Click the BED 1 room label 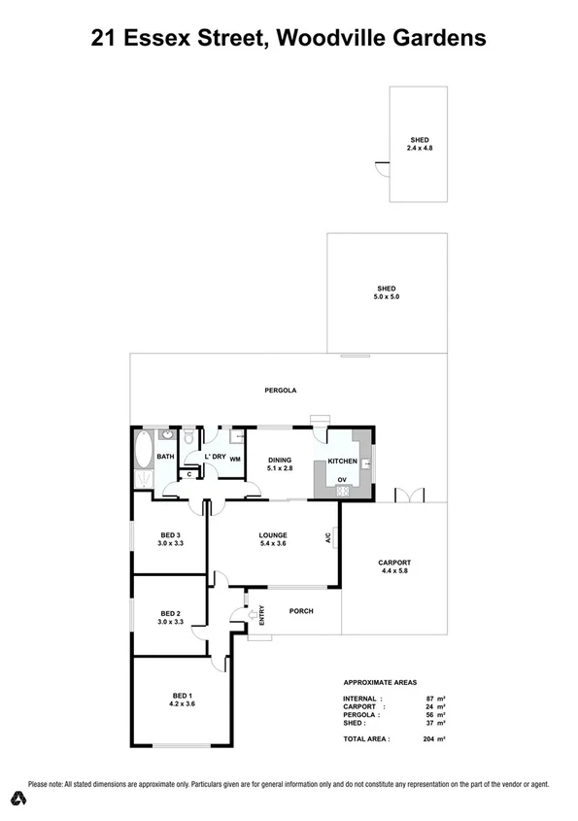tap(181, 696)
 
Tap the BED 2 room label tap(171, 613)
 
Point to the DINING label tap(281, 461)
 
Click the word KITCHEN tap(342, 461)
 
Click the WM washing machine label tap(235, 460)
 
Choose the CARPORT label tap(395, 563)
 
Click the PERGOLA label tap(280, 391)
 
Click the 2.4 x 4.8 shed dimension tap(419, 147)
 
